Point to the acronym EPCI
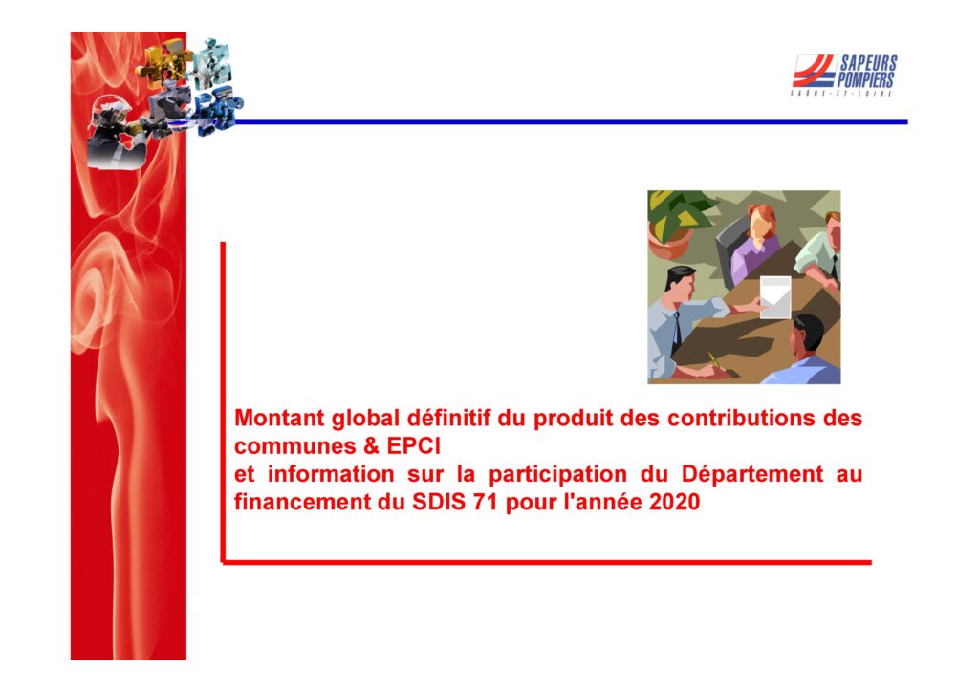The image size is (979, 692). click(413, 445)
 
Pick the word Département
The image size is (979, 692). click(751, 474)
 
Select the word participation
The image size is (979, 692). click(557, 474)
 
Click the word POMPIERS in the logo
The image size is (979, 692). click(865, 80)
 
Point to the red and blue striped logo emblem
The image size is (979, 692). click(814, 71)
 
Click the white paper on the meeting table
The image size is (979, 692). click(774, 297)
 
